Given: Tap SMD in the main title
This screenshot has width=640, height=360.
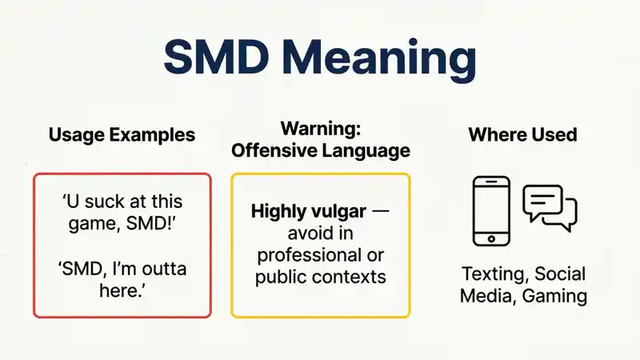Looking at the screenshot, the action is click(x=215, y=56).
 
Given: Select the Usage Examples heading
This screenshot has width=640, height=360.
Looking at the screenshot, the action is click(x=122, y=135).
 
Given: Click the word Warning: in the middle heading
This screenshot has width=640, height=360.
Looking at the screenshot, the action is click(x=321, y=128).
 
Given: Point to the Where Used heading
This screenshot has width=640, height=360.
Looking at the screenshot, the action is click(x=523, y=134).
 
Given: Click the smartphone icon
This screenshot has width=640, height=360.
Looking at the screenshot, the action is click(x=491, y=211).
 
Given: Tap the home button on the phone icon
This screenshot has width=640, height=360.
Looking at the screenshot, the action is click(x=491, y=238).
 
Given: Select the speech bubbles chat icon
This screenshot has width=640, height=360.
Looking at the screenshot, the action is click(x=550, y=208).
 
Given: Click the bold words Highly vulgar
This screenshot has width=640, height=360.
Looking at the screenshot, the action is click(x=308, y=211).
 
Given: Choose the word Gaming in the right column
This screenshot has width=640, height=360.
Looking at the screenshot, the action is click(x=554, y=296).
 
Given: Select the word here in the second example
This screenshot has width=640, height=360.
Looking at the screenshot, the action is click(x=119, y=290).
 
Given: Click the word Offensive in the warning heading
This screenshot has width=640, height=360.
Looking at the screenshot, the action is click(x=274, y=150).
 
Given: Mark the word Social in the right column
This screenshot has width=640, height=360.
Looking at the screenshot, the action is click(x=560, y=274).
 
